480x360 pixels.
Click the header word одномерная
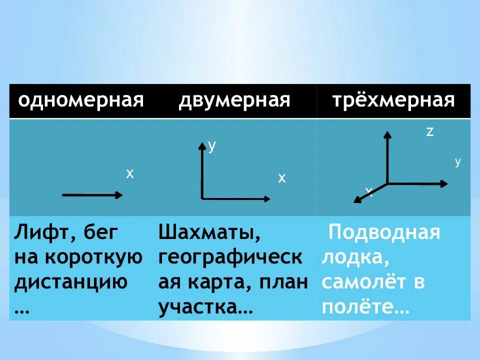coord(81,100)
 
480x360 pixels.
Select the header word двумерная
coord(234,100)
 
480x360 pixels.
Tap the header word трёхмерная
coord(394,100)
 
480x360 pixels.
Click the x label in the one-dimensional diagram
coord(130,173)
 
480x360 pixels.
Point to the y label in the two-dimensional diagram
coord(212,146)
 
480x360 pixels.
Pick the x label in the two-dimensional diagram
coord(282,178)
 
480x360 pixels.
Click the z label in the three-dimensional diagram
coord(429,132)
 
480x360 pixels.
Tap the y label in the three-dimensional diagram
coord(457,162)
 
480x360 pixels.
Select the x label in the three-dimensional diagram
coord(369,191)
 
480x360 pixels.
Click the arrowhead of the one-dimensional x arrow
coord(119,195)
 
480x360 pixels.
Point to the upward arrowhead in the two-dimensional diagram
coord(202,146)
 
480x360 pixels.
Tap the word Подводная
coord(383,232)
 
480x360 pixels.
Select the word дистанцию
coord(70,282)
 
